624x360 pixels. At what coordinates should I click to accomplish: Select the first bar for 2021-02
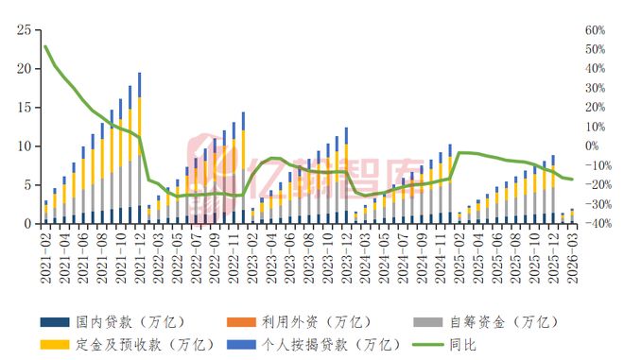click(45, 214)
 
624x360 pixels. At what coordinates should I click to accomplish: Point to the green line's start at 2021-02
click(45, 46)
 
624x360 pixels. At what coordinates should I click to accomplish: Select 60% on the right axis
click(595, 30)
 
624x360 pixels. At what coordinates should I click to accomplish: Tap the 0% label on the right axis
click(592, 146)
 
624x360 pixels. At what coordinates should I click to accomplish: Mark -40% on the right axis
click(595, 224)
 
